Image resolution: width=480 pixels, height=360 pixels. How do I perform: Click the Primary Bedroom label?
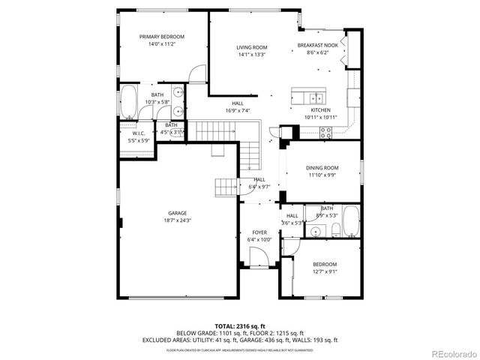[x=162, y=37]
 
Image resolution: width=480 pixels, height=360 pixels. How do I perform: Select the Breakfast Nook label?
[x=317, y=45]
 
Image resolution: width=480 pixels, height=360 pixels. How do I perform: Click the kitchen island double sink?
[x=316, y=97]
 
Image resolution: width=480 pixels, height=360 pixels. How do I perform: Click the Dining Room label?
[x=322, y=168]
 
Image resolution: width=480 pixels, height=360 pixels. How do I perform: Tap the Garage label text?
[x=177, y=213]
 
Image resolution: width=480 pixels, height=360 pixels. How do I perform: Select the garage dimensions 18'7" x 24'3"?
[x=177, y=220]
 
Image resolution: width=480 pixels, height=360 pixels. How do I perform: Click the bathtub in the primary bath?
[x=129, y=102]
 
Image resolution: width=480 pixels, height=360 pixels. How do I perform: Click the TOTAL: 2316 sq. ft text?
[x=239, y=326]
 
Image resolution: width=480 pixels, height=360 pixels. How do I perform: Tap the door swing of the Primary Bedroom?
[x=197, y=75]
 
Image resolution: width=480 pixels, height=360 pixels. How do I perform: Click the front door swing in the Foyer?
[x=259, y=259]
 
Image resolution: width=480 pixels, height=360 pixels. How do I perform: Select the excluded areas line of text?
[x=239, y=340]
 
